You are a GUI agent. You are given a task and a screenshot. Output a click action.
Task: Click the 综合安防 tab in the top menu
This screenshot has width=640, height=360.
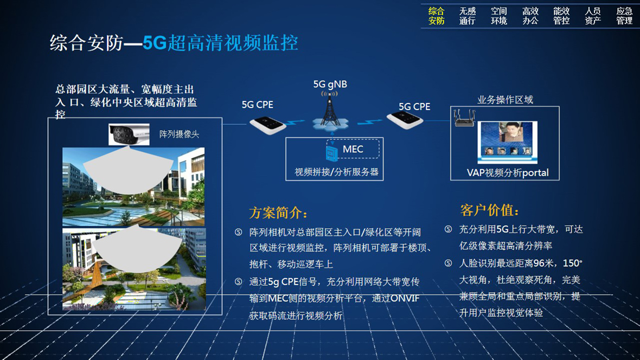click(436, 16)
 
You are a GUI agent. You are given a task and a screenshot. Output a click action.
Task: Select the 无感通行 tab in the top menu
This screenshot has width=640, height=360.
click(468, 16)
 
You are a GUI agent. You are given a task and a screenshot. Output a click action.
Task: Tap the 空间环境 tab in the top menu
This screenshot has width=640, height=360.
click(499, 16)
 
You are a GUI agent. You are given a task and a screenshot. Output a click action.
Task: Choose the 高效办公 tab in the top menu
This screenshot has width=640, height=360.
click(530, 16)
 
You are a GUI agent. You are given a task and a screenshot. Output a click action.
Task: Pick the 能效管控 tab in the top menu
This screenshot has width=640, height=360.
click(561, 16)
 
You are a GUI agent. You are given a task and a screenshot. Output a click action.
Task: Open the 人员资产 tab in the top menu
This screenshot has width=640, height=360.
click(593, 16)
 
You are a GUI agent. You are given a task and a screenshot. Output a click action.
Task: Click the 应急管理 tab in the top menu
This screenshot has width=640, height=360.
click(624, 16)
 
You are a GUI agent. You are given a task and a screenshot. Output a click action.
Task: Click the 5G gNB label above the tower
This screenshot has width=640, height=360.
click(330, 85)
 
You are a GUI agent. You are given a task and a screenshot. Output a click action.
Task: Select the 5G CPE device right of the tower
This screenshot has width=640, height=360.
click(405, 120)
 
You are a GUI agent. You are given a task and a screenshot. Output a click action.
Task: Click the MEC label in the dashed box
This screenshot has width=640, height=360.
click(353, 150)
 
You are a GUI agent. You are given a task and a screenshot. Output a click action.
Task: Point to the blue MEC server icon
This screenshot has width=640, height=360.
click(332, 153)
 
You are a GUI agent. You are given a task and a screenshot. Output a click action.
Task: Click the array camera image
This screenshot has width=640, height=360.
click(129, 134)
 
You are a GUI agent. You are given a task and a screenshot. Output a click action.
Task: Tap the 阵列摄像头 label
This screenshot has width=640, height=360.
click(179, 134)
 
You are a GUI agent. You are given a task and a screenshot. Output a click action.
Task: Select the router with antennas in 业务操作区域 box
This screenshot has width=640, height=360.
click(464, 118)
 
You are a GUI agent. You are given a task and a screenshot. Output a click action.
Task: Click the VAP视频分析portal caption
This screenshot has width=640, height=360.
click(507, 172)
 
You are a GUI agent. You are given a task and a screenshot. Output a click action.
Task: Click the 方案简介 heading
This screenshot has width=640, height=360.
click(278, 213)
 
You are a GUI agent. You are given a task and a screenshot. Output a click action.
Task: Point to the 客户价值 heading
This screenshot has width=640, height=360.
click(489, 210)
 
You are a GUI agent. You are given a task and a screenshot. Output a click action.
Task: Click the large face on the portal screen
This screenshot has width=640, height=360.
click(507, 133)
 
